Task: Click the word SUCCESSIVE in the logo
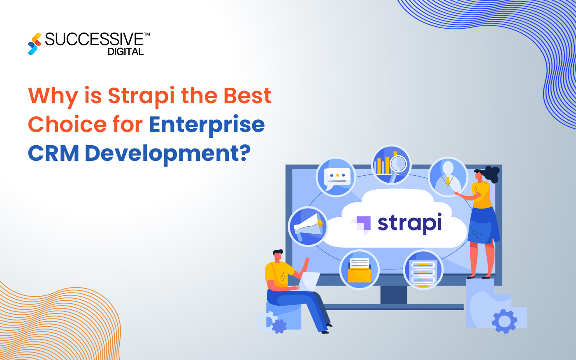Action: [94, 40]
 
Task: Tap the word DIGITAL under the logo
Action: [125, 52]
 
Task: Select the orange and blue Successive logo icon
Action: [35, 44]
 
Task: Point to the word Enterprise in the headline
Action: [207, 125]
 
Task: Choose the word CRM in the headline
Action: [53, 153]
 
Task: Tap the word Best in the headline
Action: [247, 95]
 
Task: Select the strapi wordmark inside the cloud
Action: [410, 223]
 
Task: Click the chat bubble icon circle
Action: [336, 177]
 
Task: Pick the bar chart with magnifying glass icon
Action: [392, 165]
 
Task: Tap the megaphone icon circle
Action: [308, 226]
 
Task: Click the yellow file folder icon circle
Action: [360, 270]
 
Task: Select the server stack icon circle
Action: [423, 270]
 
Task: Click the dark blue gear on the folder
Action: [504, 321]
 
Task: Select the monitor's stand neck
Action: [394, 295]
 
